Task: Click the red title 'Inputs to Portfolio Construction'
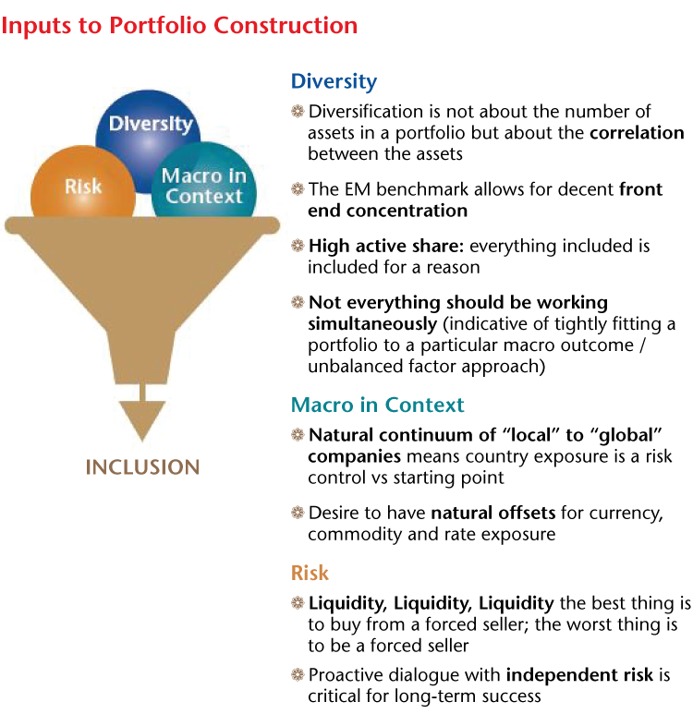(179, 26)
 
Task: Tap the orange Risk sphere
(82, 182)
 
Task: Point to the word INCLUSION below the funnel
(142, 467)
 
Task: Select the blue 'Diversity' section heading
(334, 82)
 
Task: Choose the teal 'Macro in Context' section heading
(377, 405)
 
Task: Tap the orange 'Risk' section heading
(310, 573)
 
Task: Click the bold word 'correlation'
(637, 132)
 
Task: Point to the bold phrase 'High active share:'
(386, 246)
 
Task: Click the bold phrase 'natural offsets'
(493, 513)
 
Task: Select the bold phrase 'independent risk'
(579, 675)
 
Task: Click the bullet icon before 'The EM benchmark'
(298, 189)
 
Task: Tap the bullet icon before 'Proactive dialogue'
(298, 674)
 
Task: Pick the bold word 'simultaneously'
(372, 324)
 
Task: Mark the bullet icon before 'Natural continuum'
(298, 435)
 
